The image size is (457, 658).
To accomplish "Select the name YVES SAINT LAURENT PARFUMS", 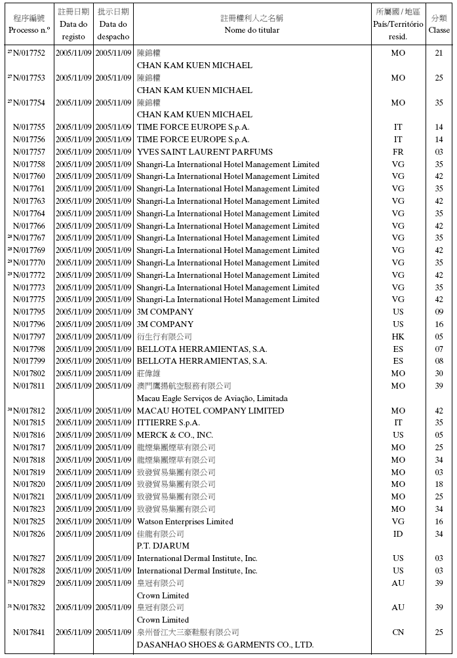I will (x=205, y=152).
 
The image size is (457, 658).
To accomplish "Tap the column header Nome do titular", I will (x=252, y=30).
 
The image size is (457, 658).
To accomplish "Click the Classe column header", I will (x=439, y=30).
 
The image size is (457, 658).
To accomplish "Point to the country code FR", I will (x=398, y=152).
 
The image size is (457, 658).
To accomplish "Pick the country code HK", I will (x=398, y=337).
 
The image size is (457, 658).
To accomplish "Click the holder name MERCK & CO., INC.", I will (x=175, y=435).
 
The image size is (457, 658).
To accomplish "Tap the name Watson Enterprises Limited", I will (x=185, y=522).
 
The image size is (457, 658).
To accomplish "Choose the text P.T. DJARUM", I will (x=163, y=546).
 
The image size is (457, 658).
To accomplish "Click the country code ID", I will (x=398, y=534).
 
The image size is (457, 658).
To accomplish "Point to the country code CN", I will (x=398, y=632).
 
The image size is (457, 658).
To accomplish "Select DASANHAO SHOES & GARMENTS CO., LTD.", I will (x=225, y=645).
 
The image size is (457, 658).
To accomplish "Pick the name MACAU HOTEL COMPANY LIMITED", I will (x=210, y=411).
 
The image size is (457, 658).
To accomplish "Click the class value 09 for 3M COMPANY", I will (x=439, y=312).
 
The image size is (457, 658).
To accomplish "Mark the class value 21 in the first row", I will (x=439, y=53).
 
